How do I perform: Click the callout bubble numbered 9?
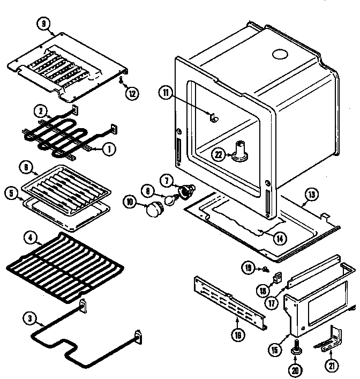tap(43, 23)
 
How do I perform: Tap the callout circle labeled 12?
tap(132, 93)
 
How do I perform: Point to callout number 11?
tap(166, 93)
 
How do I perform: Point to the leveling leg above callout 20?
tap(295, 350)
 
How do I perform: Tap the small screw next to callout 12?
tap(123, 80)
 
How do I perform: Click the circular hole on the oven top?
tap(280, 54)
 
